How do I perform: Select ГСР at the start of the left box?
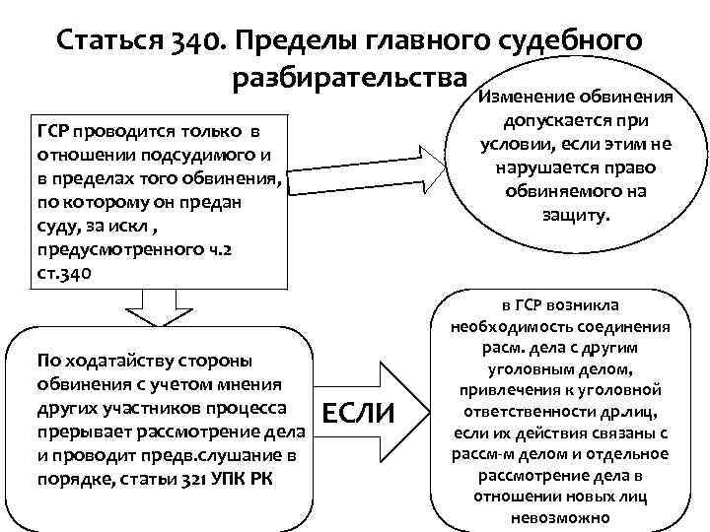pyautogui.click(x=51, y=131)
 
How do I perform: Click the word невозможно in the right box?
pyautogui.click(x=560, y=517)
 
